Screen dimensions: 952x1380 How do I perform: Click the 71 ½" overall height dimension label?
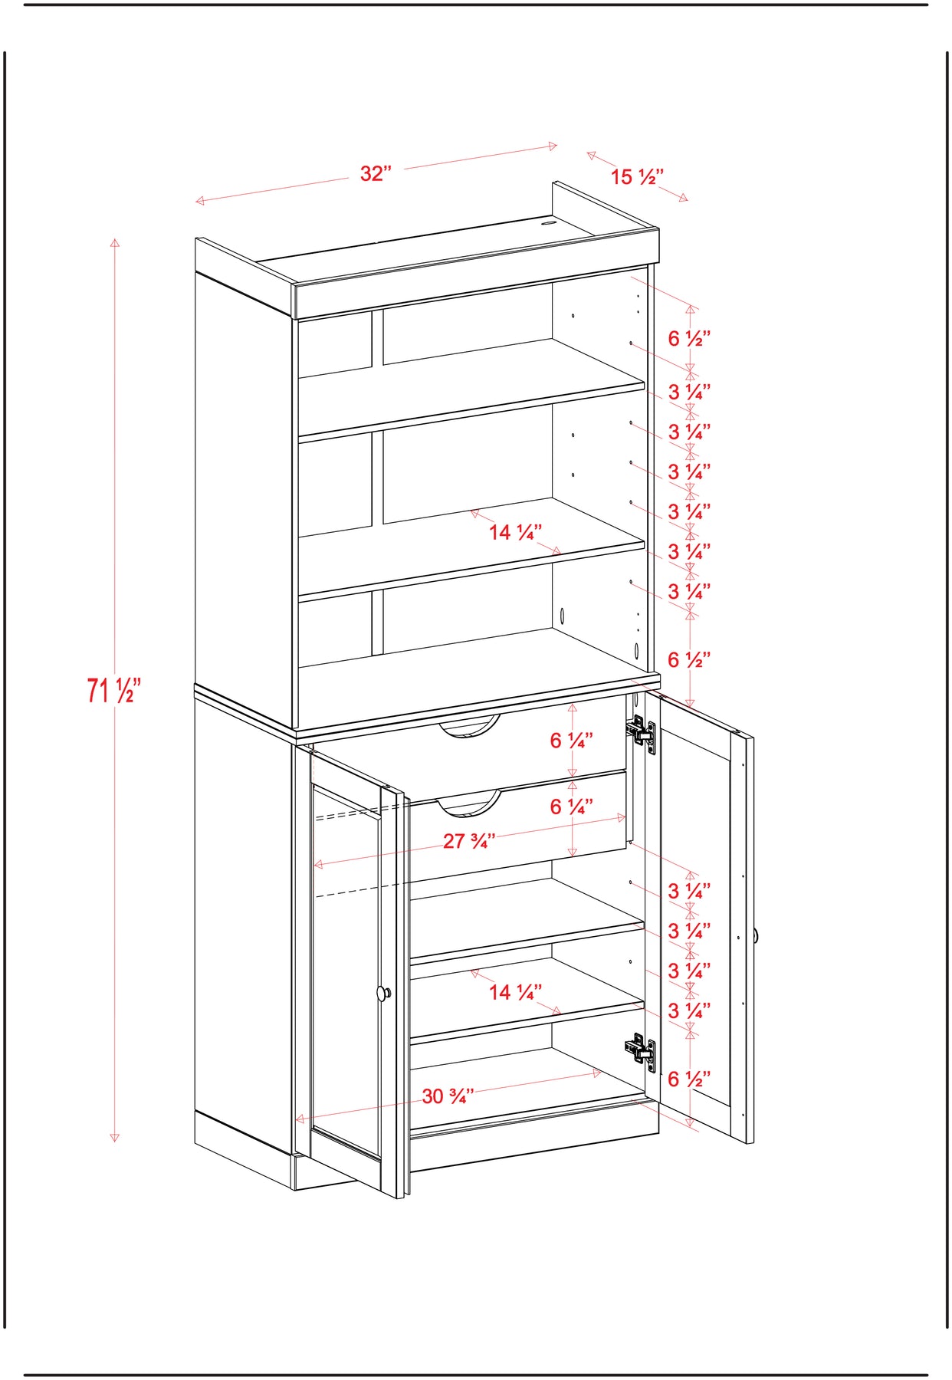114,690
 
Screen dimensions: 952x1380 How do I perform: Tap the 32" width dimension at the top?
376,173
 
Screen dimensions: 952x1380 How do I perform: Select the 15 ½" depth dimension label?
637,177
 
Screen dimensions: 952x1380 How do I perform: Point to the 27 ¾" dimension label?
469,841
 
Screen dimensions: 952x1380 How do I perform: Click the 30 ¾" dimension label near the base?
448,1096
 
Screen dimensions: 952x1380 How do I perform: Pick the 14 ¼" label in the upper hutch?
516,532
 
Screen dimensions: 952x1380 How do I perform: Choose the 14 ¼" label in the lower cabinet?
516,992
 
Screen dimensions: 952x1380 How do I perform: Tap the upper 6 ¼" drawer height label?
571,741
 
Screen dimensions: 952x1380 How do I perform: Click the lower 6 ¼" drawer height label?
571,807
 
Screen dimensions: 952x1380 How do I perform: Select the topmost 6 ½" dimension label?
689,338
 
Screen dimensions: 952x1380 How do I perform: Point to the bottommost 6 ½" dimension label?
689,1079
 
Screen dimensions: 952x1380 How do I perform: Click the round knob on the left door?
383,994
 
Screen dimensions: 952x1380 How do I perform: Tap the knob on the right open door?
756,935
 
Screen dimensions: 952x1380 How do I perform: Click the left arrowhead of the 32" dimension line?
200,201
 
